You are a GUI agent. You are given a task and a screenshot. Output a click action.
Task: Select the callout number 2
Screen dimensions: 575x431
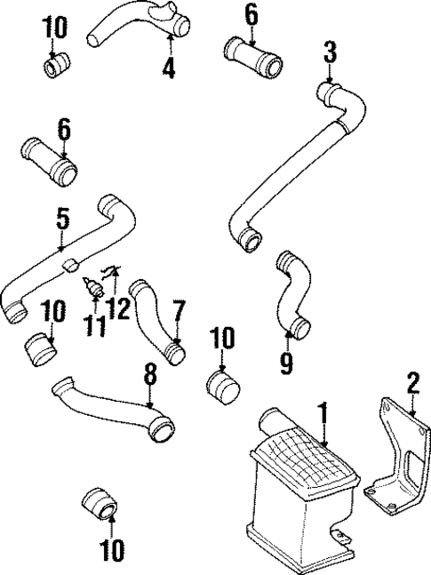click(x=411, y=383)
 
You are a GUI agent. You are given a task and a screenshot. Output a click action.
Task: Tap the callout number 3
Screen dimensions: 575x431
click(x=331, y=52)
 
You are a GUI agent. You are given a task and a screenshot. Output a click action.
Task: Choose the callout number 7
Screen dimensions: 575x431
click(x=178, y=311)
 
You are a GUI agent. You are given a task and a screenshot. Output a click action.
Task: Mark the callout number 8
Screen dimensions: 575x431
click(x=150, y=375)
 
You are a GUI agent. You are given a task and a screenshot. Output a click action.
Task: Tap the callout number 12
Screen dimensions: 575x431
click(x=120, y=308)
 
